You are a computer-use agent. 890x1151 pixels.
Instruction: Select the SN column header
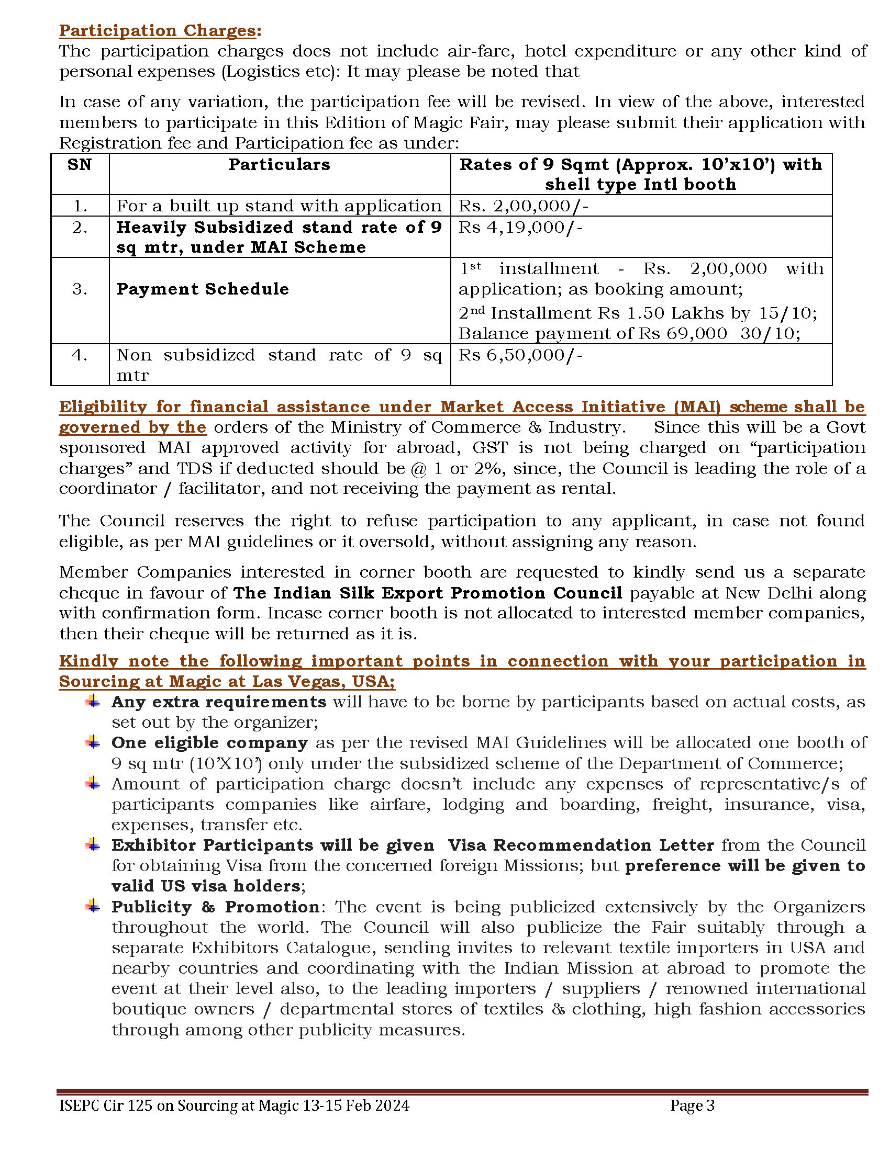[x=80, y=165]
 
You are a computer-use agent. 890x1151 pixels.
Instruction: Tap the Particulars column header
[x=280, y=165]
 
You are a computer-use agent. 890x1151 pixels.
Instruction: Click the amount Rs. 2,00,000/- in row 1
[x=523, y=206]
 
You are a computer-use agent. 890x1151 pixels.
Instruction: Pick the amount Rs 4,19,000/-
[x=520, y=228]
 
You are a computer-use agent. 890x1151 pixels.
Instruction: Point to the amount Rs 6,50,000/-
[x=520, y=355]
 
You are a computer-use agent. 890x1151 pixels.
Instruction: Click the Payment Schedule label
[x=203, y=289]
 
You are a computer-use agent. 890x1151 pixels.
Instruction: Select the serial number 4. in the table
[x=80, y=355]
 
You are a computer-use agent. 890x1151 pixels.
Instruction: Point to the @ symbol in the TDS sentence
[x=418, y=469]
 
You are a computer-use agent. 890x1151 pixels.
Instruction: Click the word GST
[x=491, y=448]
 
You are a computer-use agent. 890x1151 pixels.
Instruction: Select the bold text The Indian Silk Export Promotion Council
[x=428, y=593]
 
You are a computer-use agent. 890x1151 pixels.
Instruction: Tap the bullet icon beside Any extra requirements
[x=93, y=702]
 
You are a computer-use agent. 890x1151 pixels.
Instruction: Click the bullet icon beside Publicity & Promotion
[x=93, y=907]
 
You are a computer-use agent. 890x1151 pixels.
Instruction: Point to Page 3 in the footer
[x=692, y=1105]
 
